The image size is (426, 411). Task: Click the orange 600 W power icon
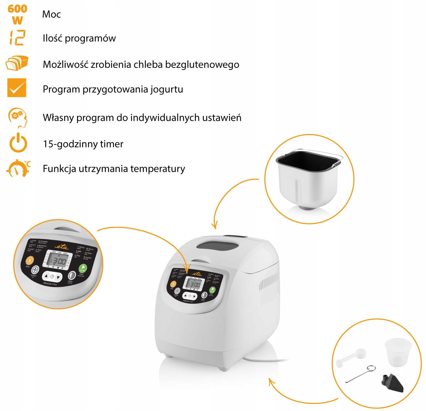[17, 14]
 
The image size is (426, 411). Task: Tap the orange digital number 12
[17, 38]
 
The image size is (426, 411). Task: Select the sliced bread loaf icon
[17, 64]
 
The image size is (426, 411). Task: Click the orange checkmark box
[17, 88]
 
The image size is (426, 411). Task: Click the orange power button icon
[18, 143]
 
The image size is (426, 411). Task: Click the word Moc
[51, 14]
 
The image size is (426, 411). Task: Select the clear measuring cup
[398, 352]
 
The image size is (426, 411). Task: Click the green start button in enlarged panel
[83, 268]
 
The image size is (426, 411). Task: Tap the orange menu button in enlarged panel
[30, 261]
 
